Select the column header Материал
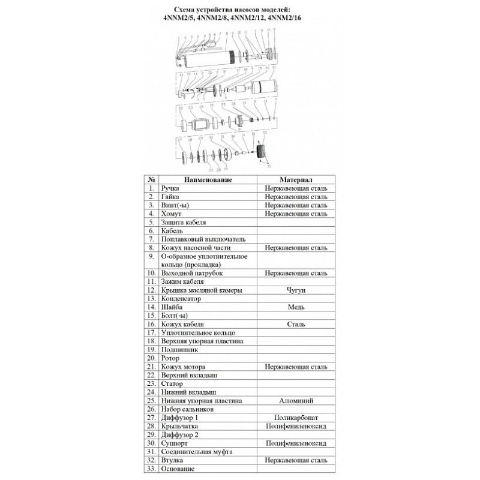click(x=295, y=179)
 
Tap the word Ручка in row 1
click(x=172, y=188)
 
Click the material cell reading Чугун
click(x=295, y=290)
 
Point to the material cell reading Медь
click(x=295, y=307)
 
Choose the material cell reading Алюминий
click(x=295, y=400)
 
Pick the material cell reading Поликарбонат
click(x=295, y=416)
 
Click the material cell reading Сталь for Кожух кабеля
click(x=295, y=324)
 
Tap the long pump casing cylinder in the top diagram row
click(x=211, y=58)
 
